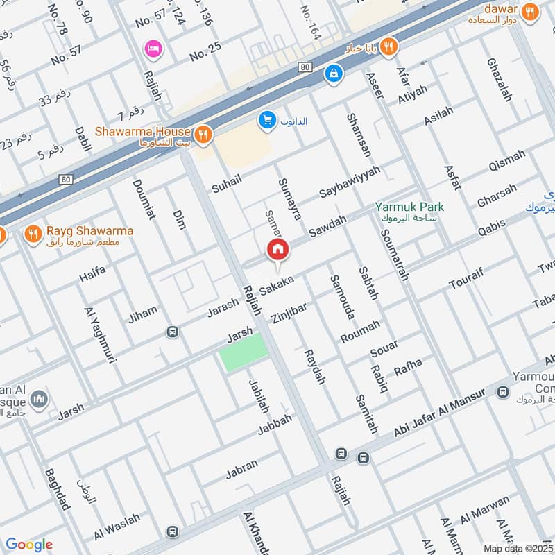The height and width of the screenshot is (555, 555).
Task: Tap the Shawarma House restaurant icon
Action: (203, 135)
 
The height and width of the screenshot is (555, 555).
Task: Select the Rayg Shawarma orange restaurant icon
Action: (32, 234)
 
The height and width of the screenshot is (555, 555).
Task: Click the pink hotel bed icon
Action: (152, 49)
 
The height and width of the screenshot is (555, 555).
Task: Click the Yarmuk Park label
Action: (409, 207)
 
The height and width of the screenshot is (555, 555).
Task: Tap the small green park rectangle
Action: (244, 352)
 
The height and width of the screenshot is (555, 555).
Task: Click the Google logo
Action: (29, 545)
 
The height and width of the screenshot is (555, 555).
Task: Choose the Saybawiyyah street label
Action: (350, 181)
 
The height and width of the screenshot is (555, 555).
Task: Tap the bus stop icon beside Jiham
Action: (172, 332)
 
